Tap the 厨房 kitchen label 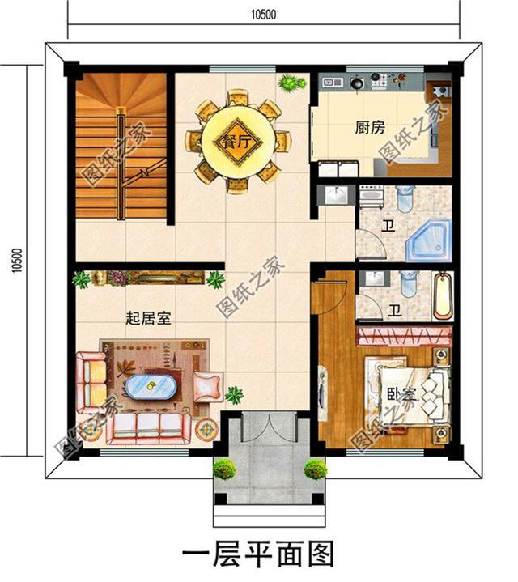(369, 127)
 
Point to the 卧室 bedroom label (400, 396)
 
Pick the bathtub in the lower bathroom (444, 296)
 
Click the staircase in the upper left (121, 146)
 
